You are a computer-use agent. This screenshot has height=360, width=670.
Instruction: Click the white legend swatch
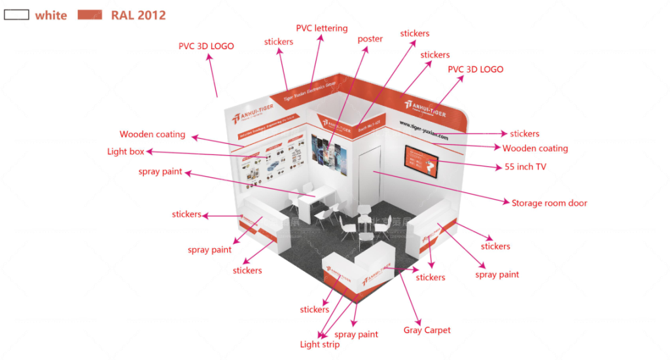click(x=16, y=14)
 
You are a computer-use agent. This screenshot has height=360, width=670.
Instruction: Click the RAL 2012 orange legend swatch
click(x=90, y=14)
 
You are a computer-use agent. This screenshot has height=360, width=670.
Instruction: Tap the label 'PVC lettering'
click(x=321, y=28)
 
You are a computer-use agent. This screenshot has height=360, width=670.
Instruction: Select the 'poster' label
click(x=370, y=39)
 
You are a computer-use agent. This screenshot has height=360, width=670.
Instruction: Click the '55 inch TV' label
click(x=525, y=167)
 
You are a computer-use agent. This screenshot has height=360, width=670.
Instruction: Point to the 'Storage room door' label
click(x=549, y=203)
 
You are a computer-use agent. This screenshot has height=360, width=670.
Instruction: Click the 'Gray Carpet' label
click(x=427, y=330)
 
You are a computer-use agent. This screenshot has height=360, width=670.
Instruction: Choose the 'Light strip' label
click(x=319, y=344)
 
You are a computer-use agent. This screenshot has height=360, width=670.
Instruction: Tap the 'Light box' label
click(x=126, y=151)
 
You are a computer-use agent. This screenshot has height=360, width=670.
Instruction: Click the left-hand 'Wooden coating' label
click(x=152, y=134)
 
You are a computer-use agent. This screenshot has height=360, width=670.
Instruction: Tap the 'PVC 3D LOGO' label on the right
click(x=475, y=69)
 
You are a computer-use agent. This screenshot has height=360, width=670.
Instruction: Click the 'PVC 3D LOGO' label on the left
click(x=206, y=46)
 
